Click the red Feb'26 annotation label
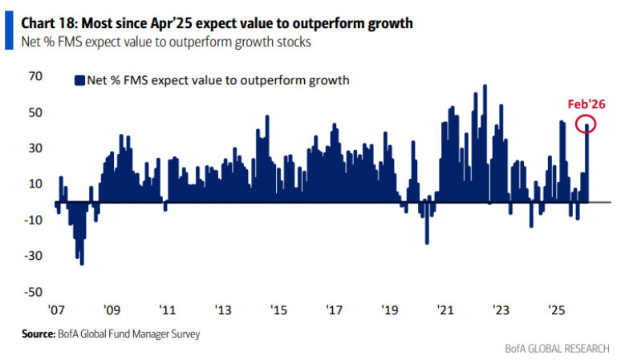pyautogui.click(x=586, y=104)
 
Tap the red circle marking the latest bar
pyautogui.click(x=587, y=127)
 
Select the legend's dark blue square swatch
pyautogui.click(x=79, y=79)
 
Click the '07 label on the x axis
pyautogui.click(x=55, y=310)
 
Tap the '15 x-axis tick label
pyautogui.click(x=278, y=310)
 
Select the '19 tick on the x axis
pyautogui.click(x=389, y=310)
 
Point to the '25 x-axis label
pyautogui.click(x=556, y=310)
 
